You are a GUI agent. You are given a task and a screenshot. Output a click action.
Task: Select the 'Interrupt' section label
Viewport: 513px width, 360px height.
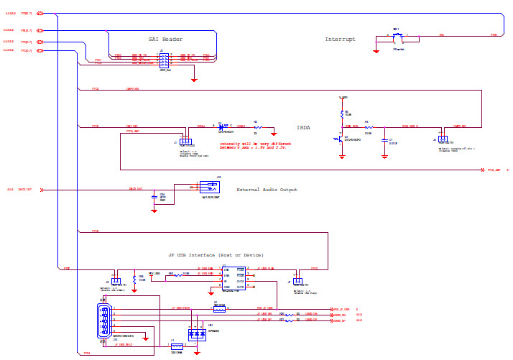(x=340, y=39)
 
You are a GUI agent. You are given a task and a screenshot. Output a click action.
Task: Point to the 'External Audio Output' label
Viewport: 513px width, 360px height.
(x=267, y=190)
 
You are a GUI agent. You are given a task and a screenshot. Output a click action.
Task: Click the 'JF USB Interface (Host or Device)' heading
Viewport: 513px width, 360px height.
(x=216, y=255)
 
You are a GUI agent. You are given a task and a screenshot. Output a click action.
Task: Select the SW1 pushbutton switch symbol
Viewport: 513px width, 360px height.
(x=397, y=35)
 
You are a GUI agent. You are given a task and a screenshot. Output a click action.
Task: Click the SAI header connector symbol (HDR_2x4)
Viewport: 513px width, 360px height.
(x=165, y=59)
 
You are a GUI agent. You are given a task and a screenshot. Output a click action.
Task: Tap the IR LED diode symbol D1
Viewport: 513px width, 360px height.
(x=223, y=126)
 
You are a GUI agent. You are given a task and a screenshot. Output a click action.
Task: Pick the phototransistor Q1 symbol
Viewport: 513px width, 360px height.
(x=342, y=137)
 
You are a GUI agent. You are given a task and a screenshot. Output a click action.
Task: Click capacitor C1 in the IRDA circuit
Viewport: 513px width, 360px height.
(x=385, y=140)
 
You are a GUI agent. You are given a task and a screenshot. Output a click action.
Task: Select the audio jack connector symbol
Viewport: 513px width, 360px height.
(x=209, y=187)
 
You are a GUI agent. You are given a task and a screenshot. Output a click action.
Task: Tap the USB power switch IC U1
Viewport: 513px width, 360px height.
(x=234, y=279)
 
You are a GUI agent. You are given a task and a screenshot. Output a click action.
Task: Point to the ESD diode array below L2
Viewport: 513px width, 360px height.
(x=196, y=334)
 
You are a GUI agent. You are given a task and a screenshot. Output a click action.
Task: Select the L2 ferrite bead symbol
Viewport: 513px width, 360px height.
(x=219, y=309)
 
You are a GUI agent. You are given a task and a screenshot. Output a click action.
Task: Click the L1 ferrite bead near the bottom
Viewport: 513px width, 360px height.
(x=177, y=346)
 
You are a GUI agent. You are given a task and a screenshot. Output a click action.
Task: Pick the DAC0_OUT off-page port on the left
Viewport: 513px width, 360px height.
(x=42, y=190)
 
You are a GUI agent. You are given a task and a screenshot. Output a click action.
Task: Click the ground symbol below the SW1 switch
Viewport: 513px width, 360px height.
(x=376, y=50)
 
